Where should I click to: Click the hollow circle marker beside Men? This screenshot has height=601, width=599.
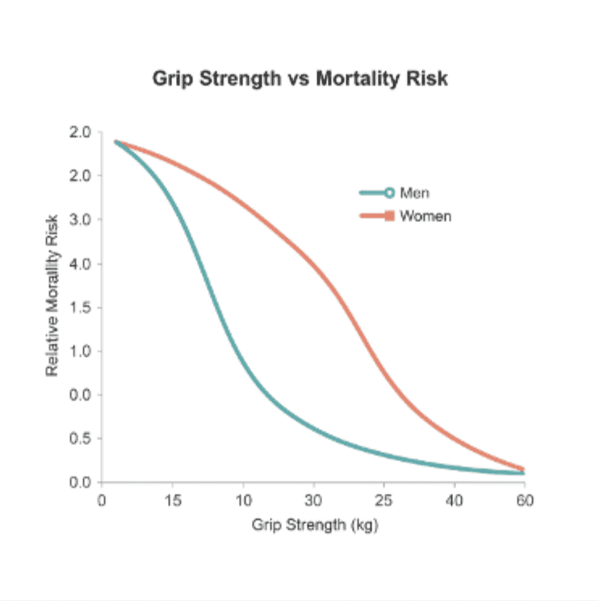pos(388,193)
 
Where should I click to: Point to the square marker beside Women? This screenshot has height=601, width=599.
pos(388,216)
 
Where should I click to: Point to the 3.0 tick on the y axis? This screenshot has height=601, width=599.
pos(82,220)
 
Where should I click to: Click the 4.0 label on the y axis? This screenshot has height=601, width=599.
pos(82,263)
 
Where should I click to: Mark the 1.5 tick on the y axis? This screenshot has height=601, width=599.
pos(82,307)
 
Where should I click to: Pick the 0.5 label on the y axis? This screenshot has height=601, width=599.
pos(82,439)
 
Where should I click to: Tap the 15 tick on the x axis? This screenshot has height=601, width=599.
pos(172,499)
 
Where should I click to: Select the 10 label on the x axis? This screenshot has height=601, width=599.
pos(243,499)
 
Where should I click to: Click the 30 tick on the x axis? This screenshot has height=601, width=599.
pos(313,499)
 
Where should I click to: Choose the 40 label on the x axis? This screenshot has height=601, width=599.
pos(454,499)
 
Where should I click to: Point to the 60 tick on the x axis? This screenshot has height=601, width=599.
pos(525,499)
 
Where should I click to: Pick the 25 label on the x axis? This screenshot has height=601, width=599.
pos(384,499)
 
